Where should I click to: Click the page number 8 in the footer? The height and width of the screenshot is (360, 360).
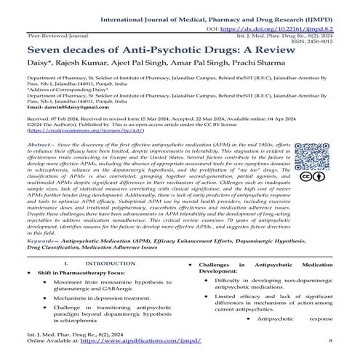coord(331,350)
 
